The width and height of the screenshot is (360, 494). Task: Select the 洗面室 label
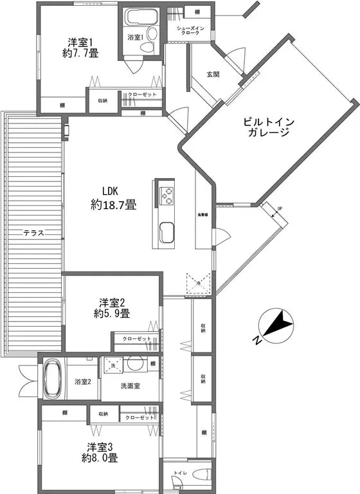click(x=130, y=386)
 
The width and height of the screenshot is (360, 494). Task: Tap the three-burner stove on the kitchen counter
click(x=167, y=194)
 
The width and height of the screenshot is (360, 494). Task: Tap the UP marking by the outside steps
click(x=279, y=208)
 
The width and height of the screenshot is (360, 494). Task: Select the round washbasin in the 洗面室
click(x=136, y=364)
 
